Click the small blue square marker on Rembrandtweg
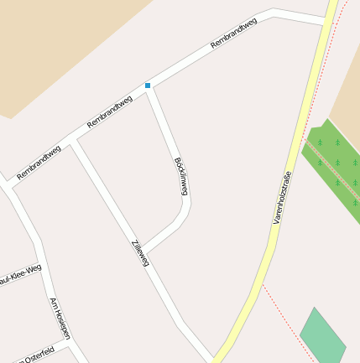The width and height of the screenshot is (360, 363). pos(148,86)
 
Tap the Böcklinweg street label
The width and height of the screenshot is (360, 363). pos(180,176)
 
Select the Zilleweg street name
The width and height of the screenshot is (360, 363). pos(139,253)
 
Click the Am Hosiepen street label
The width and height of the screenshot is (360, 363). pos(60,319)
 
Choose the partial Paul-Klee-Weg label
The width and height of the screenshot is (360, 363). pos(19,273)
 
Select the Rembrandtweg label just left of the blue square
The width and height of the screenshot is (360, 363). pos(110,112)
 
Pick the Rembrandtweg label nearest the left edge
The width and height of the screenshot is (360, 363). pos(39,162)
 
